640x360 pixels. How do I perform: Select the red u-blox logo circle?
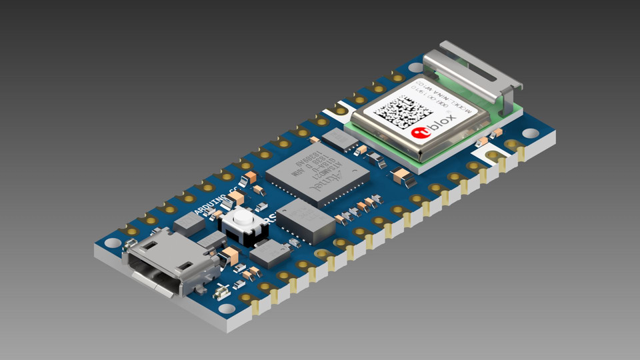click(421, 133)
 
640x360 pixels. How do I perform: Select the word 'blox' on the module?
click(443, 123)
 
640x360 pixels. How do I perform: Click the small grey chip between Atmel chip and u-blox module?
click(340, 138)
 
